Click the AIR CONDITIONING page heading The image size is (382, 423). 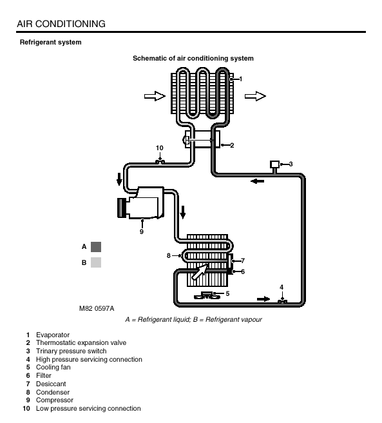pyautogui.click(x=61, y=24)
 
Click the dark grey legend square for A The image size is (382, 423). pyautogui.click(x=96, y=247)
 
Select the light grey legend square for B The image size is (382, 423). pyautogui.click(x=96, y=262)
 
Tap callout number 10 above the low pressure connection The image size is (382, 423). pyautogui.click(x=160, y=148)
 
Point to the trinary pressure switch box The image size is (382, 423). pyautogui.click(x=274, y=164)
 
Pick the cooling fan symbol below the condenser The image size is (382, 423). pyautogui.click(x=207, y=296)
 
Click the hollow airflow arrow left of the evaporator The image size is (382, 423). pyautogui.click(x=155, y=96)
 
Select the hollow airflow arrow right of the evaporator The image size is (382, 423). pyautogui.click(x=255, y=96)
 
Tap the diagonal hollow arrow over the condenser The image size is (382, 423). pyautogui.click(x=200, y=272)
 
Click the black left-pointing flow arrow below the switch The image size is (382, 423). pyautogui.click(x=258, y=181)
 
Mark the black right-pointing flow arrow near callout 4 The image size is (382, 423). pyautogui.click(x=263, y=299)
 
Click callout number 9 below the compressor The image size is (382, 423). pyautogui.click(x=142, y=231)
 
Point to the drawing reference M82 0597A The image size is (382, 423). pyautogui.click(x=97, y=309)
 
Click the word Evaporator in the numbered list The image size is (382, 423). pyautogui.click(x=53, y=335)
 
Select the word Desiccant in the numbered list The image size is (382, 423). pyautogui.click(x=51, y=384)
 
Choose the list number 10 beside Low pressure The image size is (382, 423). pyautogui.click(x=26, y=408)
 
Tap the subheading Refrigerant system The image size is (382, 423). pyautogui.click(x=51, y=43)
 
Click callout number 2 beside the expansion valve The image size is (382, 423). pyautogui.click(x=232, y=146)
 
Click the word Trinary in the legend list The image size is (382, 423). pyautogui.click(x=46, y=351)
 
